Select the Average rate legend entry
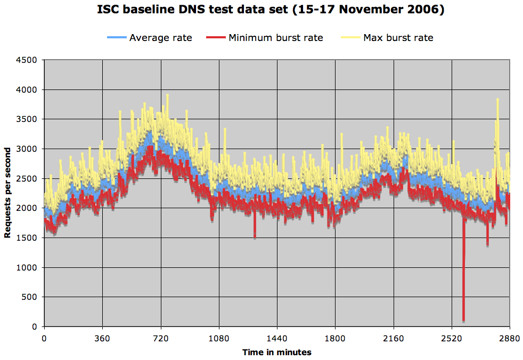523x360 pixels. tap(160, 38)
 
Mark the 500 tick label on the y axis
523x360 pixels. tap(30, 297)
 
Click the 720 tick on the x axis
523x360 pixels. tap(160, 338)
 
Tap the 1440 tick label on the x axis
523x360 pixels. tap(277, 338)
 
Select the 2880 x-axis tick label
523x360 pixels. tap(510, 338)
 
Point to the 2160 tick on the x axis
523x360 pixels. tap(394, 338)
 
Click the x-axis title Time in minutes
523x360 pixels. tap(277, 352)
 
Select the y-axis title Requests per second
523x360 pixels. tap(8, 193)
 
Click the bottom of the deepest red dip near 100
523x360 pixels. tap(463, 320)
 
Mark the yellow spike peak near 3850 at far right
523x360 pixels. tap(497, 100)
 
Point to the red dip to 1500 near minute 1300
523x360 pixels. tap(255, 237)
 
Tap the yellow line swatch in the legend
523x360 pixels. tap(350, 38)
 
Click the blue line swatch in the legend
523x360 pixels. tap(117, 38)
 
